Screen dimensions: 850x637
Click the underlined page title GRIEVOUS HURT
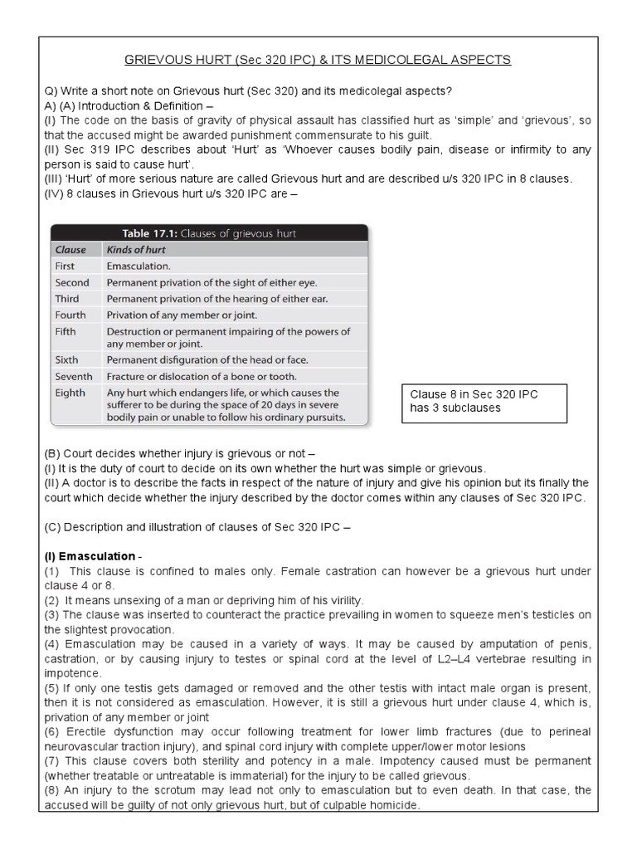click(x=317, y=60)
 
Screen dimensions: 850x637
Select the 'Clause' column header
click(x=71, y=249)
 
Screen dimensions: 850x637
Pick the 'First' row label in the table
click(x=65, y=266)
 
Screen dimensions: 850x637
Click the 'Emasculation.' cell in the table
click(x=139, y=266)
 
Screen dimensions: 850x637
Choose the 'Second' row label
click(x=72, y=282)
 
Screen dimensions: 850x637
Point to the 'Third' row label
click(x=67, y=298)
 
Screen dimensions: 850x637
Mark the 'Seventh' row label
click(x=75, y=376)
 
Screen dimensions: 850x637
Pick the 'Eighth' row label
click(x=70, y=393)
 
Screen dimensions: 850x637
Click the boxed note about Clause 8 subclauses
click(x=484, y=402)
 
